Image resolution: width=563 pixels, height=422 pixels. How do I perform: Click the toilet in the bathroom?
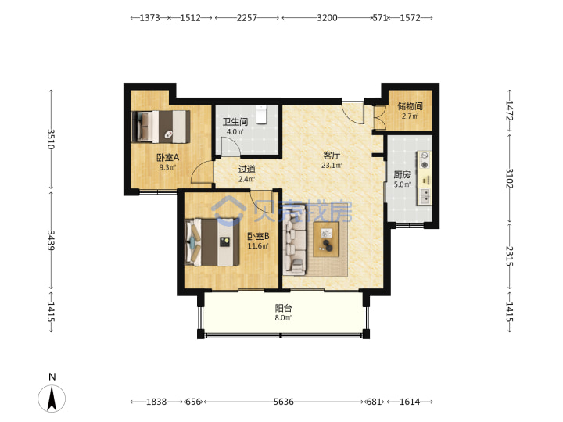point(262,114)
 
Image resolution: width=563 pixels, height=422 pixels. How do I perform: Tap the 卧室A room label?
point(167,158)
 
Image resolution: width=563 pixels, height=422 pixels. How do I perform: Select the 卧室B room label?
point(258,236)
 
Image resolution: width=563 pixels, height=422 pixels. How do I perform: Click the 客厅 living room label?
point(332,156)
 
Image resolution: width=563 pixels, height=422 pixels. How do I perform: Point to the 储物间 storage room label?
point(410,106)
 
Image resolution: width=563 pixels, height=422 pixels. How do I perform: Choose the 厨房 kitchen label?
point(402,175)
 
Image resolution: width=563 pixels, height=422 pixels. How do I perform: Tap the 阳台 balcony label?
point(283,308)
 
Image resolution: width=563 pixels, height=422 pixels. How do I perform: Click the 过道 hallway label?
point(246,169)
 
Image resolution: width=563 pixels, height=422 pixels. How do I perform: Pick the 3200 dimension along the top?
point(327,17)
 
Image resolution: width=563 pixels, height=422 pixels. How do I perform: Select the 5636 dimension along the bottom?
point(283,402)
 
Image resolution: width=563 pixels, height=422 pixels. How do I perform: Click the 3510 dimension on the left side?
point(51,139)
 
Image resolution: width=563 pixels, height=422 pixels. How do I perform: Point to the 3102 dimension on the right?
point(510,178)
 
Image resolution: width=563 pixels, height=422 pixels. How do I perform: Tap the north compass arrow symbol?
point(52,398)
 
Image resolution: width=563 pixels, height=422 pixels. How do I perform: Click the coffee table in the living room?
point(326,239)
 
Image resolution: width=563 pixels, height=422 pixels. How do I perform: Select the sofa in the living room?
point(295,240)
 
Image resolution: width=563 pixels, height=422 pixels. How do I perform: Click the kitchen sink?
point(425,196)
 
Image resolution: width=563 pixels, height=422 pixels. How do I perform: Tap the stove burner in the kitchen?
point(425,160)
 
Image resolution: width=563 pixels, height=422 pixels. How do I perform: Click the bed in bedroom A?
point(161,127)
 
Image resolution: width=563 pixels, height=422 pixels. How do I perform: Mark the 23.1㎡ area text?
point(332,166)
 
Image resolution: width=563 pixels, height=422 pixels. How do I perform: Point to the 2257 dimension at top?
point(246,17)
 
